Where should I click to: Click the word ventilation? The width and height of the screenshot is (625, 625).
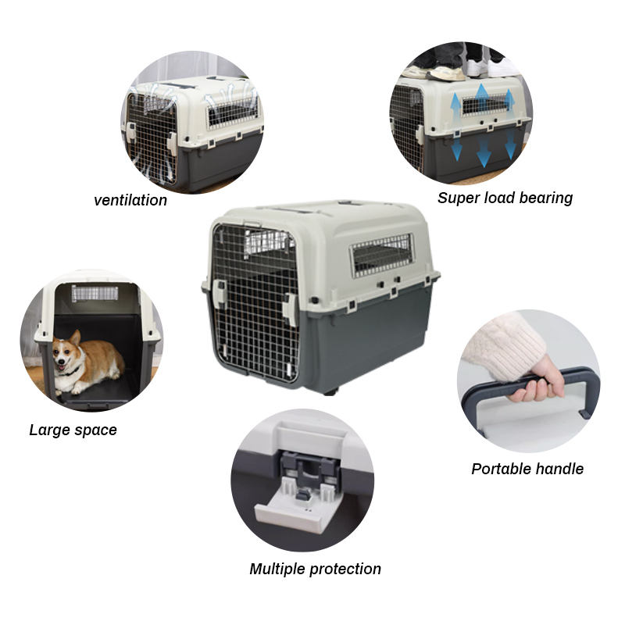point(130,200)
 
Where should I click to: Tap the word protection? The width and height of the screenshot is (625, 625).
point(345,570)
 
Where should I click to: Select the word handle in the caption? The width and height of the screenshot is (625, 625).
point(559,469)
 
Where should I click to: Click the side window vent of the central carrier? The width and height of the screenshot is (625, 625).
point(382,255)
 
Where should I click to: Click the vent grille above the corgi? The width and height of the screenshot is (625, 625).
point(95,294)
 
